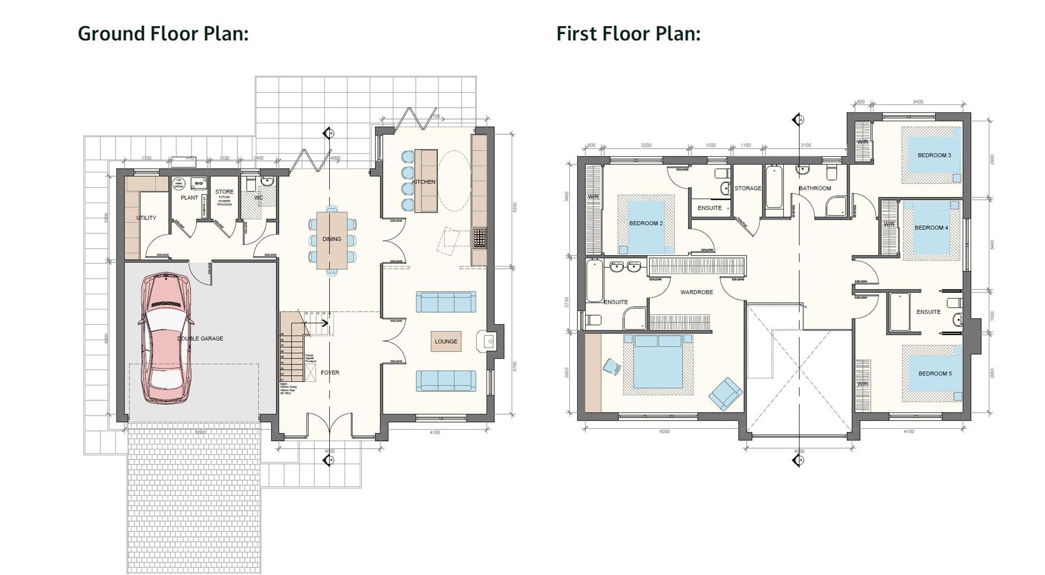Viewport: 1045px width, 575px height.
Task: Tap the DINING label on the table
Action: click(331, 239)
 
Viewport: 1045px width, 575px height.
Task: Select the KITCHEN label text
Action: click(423, 182)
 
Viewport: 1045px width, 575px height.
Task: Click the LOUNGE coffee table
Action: click(446, 342)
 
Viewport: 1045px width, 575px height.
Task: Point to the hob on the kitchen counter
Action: click(479, 238)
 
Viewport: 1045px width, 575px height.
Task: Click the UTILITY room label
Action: click(146, 218)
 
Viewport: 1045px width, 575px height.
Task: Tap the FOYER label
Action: click(330, 373)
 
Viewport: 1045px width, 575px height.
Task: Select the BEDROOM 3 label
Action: click(934, 156)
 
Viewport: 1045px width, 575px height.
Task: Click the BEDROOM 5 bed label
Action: click(935, 374)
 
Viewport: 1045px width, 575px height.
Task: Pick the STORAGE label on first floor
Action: click(748, 188)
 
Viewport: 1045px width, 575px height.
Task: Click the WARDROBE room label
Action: click(696, 293)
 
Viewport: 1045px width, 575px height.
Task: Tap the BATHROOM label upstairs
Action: click(815, 188)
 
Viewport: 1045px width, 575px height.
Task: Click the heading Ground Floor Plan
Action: click(163, 34)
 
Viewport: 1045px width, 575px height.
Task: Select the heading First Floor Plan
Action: click(628, 34)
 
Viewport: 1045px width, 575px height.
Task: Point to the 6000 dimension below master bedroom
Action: click(664, 432)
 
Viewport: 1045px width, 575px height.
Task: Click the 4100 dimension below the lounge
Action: click(434, 433)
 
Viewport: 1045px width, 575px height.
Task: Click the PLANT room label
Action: click(189, 197)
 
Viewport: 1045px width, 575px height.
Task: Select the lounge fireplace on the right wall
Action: click(489, 342)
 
